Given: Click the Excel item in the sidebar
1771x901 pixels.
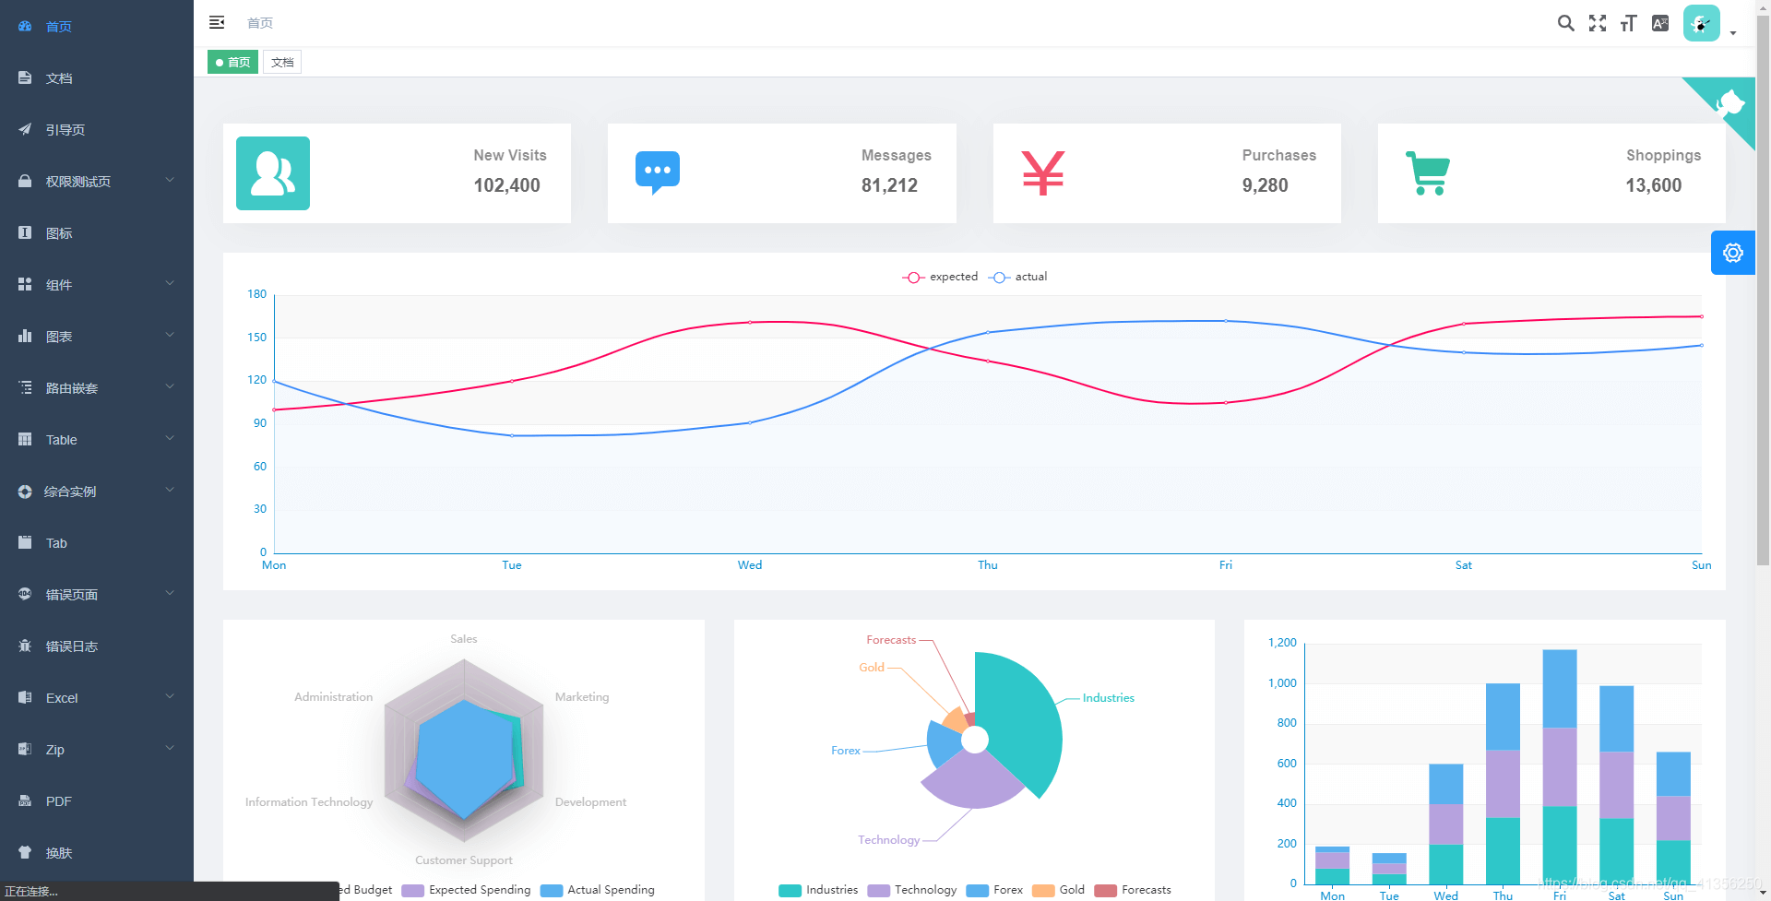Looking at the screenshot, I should pyautogui.click(x=62, y=698).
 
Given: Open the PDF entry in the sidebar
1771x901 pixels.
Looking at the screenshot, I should pyautogui.click(x=58, y=801).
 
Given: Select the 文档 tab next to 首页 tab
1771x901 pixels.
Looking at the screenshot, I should pyautogui.click(x=282, y=63).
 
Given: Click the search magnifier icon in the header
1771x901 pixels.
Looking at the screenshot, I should pyautogui.click(x=1565, y=23).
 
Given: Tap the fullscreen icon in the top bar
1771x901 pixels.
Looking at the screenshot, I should pyautogui.click(x=1598, y=23).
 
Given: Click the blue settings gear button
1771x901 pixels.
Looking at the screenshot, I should pyautogui.click(x=1732, y=253).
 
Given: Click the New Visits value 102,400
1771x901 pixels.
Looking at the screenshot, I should pyautogui.click(x=506, y=185).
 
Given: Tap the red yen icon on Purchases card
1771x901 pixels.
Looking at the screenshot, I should pyautogui.click(x=1043, y=172).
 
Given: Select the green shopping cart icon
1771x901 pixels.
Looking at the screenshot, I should pyautogui.click(x=1428, y=172).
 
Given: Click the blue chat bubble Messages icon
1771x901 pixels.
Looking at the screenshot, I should pyautogui.click(x=658, y=172).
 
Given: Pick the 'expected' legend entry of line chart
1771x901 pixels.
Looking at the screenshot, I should pyautogui.click(x=941, y=277).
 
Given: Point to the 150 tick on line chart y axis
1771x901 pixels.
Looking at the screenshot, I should pyautogui.click(x=256, y=338).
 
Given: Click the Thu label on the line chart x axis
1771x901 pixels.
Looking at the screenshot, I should pyautogui.click(x=988, y=565).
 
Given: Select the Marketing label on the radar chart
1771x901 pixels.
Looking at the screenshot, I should pyautogui.click(x=582, y=697).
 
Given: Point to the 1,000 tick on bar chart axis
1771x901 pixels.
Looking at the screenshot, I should pyautogui.click(x=1282, y=683).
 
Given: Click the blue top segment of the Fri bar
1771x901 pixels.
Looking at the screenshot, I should pyautogui.click(x=1560, y=688).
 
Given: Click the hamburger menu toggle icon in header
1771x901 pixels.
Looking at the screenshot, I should pyautogui.click(x=217, y=22).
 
